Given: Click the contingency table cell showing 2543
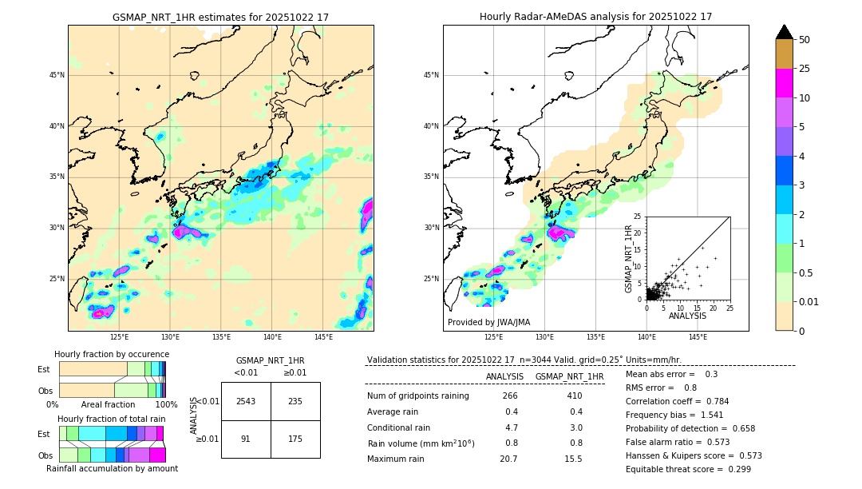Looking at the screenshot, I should coord(246,401).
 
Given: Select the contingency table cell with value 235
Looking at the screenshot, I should coord(295,401).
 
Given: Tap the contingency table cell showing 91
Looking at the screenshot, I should coord(246,439).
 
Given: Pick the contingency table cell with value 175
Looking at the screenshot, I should coord(295,439).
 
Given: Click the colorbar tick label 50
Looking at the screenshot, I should coord(805,40).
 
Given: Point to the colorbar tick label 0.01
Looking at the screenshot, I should coord(809,301).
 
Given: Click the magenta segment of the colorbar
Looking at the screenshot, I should coord(784,83).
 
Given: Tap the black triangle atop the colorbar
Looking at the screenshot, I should coord(784,32).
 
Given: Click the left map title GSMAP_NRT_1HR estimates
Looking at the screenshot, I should coord(220,17).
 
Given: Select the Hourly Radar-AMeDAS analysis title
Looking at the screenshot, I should coord(595,17).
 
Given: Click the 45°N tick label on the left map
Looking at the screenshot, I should coord(57,75).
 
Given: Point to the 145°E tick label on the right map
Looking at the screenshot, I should coord(698,337).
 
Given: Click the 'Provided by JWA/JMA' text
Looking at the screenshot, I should coord(488,322).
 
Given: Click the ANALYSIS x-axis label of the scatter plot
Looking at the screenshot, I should coord(688,316).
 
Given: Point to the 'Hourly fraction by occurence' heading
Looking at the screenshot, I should coord(112,354).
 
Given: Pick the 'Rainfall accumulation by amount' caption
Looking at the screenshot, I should coord(112,469).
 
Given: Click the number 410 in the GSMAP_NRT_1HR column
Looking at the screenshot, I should coord(575,396).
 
